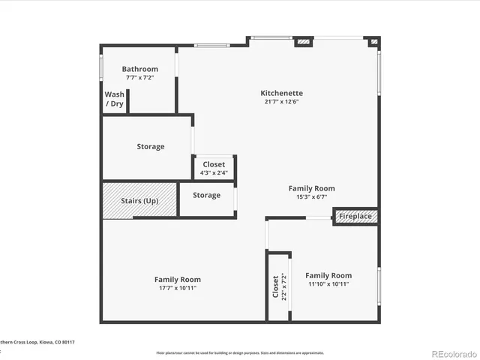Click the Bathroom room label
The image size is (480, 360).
coord(140,69)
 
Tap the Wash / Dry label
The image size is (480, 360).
coord(114,99)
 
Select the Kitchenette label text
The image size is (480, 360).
coord(282,93)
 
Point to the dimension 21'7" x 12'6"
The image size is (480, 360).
coord(282,102)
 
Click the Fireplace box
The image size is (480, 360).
coord(355,216)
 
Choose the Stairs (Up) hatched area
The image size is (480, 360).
coord(139,200)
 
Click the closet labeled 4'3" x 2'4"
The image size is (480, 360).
coord(214,168)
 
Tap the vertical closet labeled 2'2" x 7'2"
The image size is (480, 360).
coord(278,286)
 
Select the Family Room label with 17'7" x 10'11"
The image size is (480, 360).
coord(178,279)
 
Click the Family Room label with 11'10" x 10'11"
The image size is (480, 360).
coord(328,275)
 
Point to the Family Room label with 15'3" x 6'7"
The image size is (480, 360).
coord(312,188)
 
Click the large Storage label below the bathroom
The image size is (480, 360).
coord(150,146)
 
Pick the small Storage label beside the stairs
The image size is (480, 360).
coord(206,195)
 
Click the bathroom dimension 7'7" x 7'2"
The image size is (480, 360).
coord(140,78)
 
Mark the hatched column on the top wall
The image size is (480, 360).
coord(304,42)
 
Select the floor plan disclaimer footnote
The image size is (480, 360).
coord(240,352)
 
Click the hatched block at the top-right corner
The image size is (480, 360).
coord(373,43)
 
